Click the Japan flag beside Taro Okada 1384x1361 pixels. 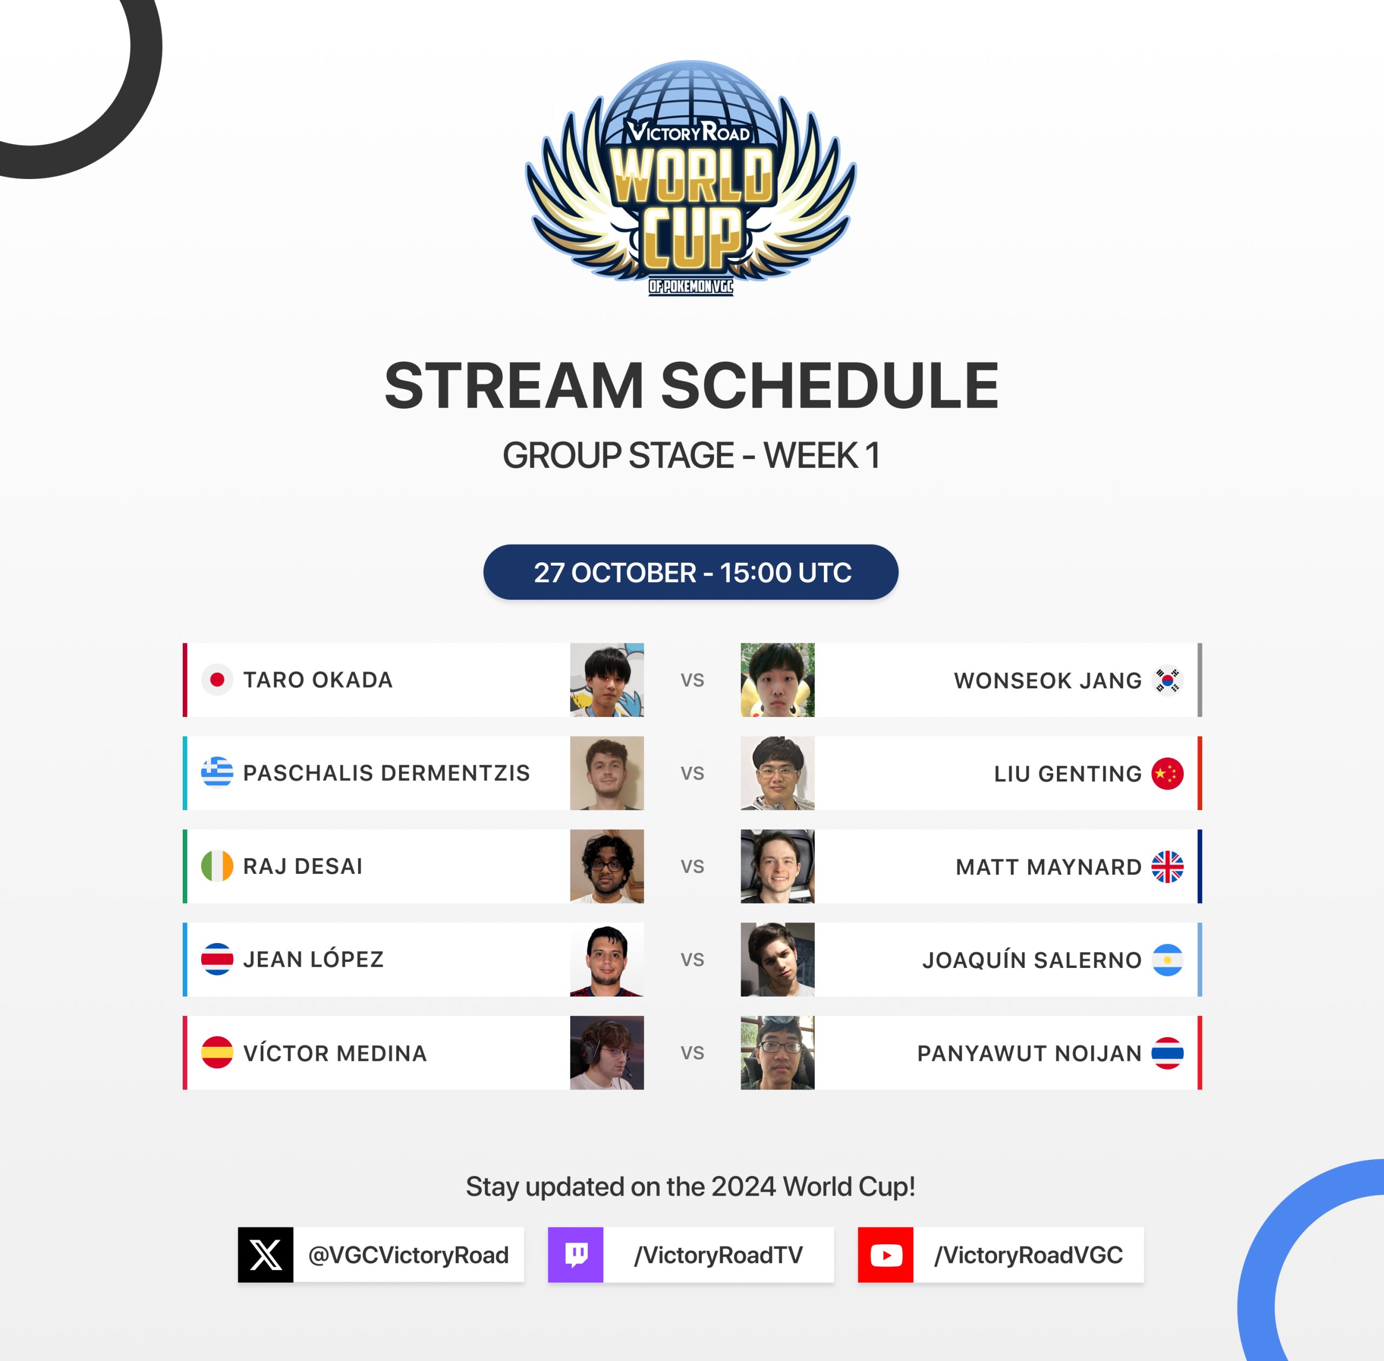tap(217, 680)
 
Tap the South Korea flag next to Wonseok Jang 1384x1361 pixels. tap(1168, 680)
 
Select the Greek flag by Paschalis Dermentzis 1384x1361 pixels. tap(217, 773)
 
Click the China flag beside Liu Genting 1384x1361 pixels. tap(1168, 773)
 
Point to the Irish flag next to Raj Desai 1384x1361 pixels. tap(217, 866)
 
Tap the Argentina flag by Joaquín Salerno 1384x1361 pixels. tap(1168, 960)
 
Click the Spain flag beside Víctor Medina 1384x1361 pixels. tap(217, 1053)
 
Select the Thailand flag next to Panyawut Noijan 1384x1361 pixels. tap(1168, 1053)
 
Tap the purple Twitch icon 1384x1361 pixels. tap(576, 1255)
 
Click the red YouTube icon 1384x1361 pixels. tap(886, 1255)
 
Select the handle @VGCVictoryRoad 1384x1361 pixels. tap(409, 1255)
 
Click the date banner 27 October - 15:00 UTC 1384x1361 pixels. tap(691, 572)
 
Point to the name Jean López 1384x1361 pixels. tap(313, 959)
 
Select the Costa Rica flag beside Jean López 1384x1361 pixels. tap(217, 959)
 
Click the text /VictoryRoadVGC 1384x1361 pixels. tap(1029, 1255)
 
